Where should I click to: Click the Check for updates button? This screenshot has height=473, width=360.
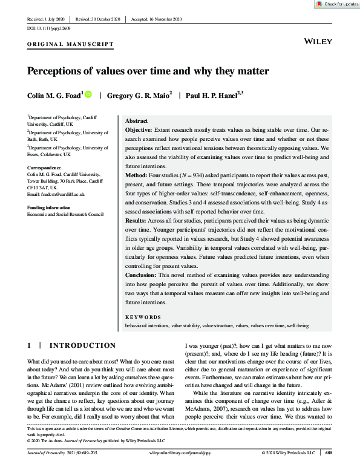click(336, 4)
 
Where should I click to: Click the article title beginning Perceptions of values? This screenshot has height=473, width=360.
click(148, 70)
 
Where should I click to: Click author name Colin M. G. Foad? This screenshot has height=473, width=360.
click(54, 94)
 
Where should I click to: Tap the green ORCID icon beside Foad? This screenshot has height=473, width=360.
click(88, 94)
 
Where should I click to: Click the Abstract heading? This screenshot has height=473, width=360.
click(136, 121)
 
